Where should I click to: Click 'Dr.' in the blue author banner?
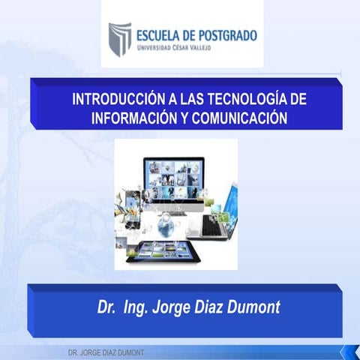pyautogui.click(x=108, y=307)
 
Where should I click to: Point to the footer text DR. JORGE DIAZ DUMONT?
pyautogui.click(x=106, y=352)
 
